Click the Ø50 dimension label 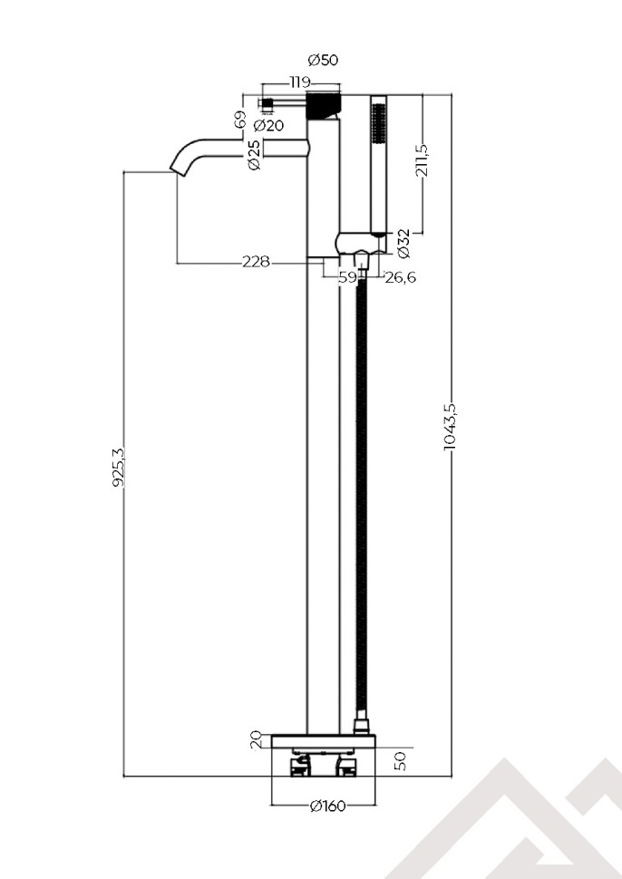(323, 61)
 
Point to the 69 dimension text (239, 120)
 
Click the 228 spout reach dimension (256, 262)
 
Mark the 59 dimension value (347, 277)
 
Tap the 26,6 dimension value (400, 277)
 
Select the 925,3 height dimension (117, 466)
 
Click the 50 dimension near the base (400, 759)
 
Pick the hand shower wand (378, 163)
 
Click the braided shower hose (362, 498)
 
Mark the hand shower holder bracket (358, 245)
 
